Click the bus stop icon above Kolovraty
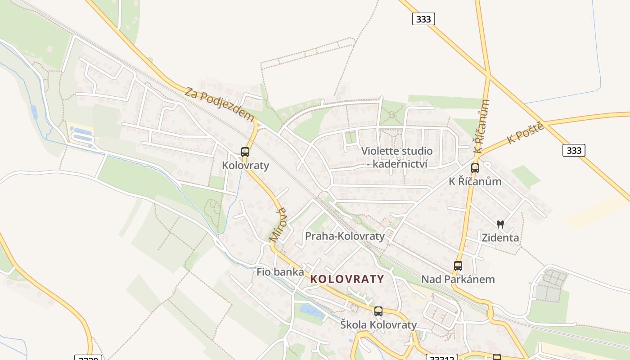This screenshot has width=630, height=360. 245,152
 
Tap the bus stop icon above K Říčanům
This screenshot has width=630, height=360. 475,168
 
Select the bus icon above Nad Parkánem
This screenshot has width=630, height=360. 458,266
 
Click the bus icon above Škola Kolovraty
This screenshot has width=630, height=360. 378,311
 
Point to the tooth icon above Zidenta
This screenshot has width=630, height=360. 500,224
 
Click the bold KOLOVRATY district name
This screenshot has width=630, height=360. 347,279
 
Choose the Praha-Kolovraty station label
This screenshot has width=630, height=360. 345,236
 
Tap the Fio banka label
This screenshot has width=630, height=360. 280,272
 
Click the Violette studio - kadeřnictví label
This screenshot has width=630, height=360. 397,157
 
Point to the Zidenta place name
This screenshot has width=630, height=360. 500,238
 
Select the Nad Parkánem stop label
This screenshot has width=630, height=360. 458,279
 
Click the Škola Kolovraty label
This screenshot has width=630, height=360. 378,325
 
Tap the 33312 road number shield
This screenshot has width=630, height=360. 441,358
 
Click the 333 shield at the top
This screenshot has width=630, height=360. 423,19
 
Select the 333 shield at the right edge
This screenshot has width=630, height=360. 574,150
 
